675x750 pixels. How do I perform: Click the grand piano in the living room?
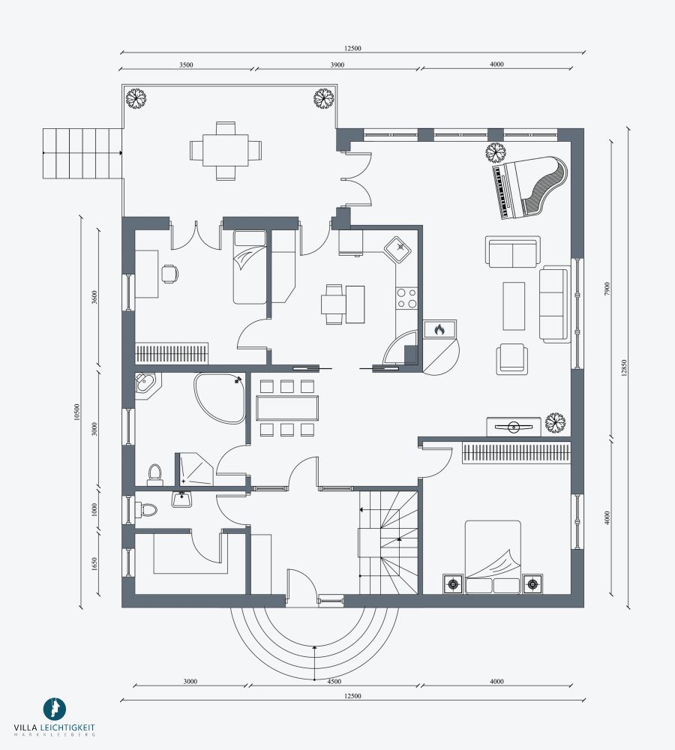coord(529,188)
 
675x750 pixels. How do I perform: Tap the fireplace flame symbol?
coord(439,329)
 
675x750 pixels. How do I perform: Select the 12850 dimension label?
coord(623,367)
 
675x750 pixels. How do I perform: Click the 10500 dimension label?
coord(77,412)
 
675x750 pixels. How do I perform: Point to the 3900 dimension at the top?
coord(337,65)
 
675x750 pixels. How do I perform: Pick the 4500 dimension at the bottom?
coord(334,682)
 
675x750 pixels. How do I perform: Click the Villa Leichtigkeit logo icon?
coord(55,709)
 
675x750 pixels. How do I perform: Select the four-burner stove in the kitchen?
coord(406,298)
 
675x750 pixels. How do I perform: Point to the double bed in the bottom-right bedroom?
coord(493,557)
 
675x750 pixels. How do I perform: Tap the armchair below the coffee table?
coord(511,358)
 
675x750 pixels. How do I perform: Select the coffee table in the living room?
coord(514,306)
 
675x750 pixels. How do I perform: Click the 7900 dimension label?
coord(607,289)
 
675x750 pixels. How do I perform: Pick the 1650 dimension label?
coord(94,565)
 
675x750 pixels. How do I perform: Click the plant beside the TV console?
coord(555,423)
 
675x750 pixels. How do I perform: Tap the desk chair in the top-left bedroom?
coord(169,274)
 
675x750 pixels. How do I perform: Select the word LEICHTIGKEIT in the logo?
coord(67,727)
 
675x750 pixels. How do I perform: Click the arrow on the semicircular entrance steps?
coord(313,662)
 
